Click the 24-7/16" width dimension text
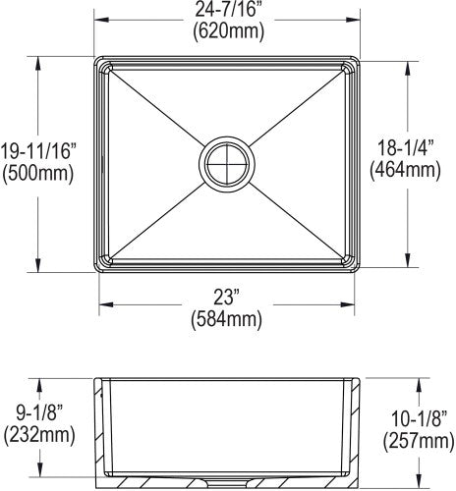(229, 9)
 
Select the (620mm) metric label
(228, 31)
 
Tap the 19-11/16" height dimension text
(38, 151)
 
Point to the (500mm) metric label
(38, 174)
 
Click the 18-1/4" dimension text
(406, 147)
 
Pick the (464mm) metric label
(405, 170)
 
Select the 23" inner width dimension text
(227, 297)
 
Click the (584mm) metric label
(227, 319)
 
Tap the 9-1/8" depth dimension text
(39, 412)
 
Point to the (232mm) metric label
(39, 435)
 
